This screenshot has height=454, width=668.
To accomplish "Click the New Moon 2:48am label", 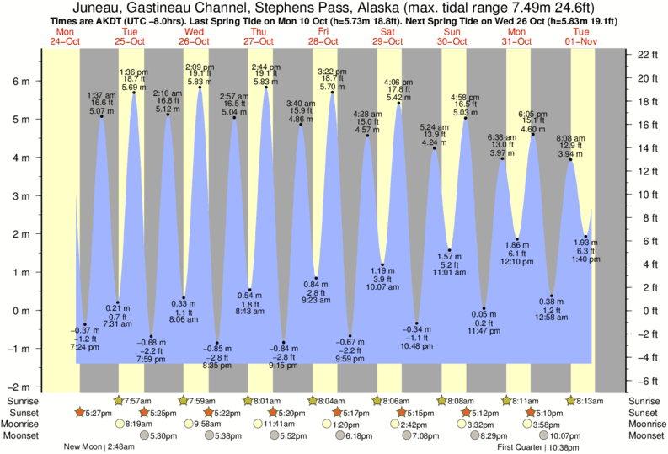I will pyautogui.click(x=99, y=447).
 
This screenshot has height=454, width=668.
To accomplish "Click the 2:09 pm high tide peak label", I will pyautogui.click(x=200, y=67).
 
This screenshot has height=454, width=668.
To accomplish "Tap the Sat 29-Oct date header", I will pyautogui.click(x=387, y=36).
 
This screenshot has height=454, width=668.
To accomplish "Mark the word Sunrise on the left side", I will pyautogui.click(x=21, y=401).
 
